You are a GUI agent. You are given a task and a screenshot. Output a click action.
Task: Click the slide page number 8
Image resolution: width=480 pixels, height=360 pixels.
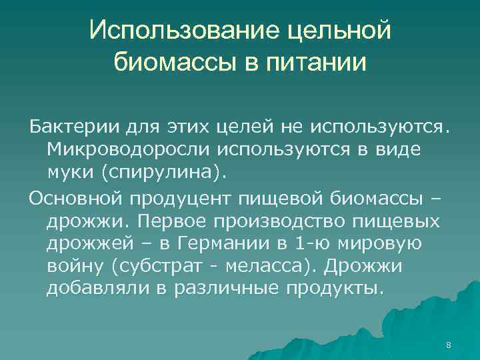tap(448, 345)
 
